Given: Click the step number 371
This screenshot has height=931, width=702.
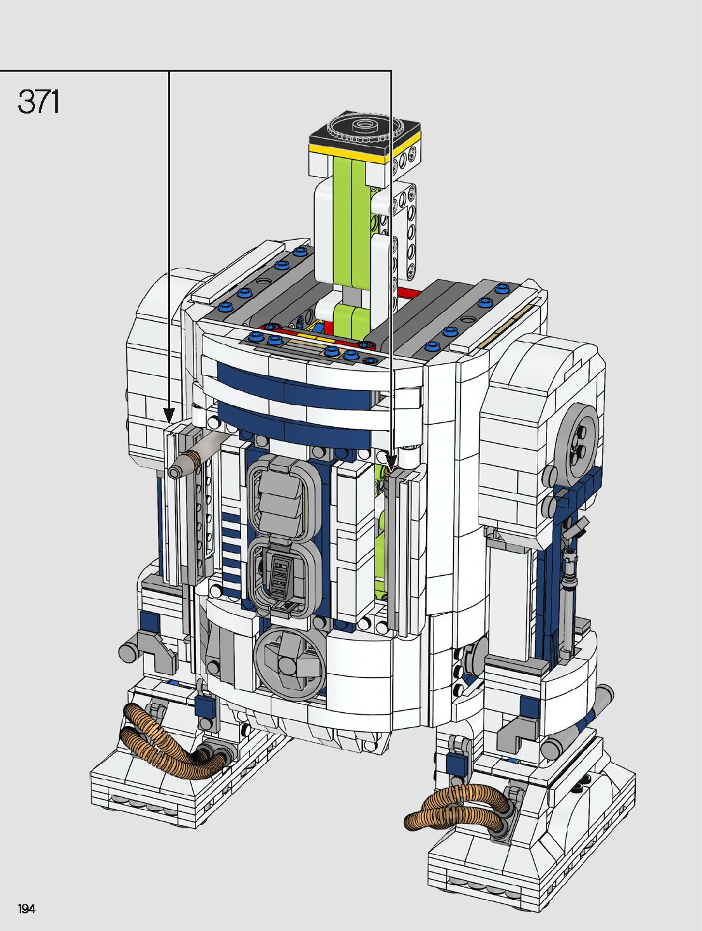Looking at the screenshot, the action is tap(38, 102).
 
